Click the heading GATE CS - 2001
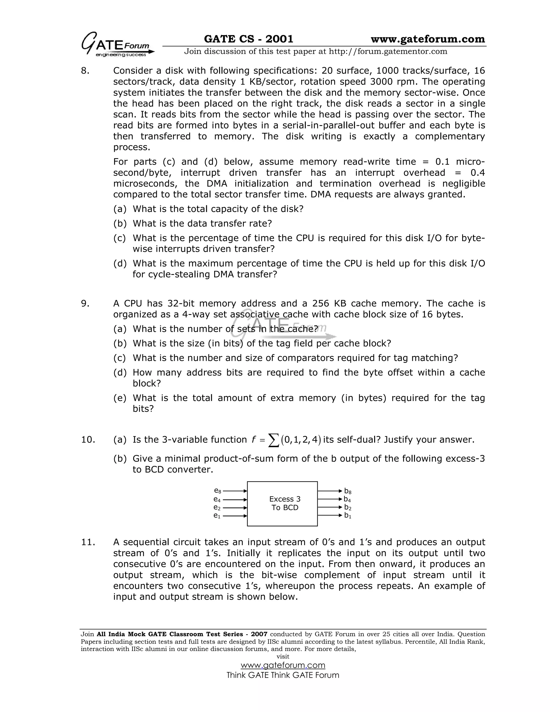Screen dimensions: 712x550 coord(248,39)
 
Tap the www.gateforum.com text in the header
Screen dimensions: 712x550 coord(428,39)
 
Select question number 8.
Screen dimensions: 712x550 coord(85,71)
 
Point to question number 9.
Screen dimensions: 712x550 coord(85,304)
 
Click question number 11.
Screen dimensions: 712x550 coord(88,542)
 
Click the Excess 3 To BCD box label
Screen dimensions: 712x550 coord(284,503)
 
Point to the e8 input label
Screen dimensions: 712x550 coord(217,491)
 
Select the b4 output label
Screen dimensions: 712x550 coord(347,499)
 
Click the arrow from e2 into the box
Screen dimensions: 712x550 coord(235,508)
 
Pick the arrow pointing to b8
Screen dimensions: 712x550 coord(330,491)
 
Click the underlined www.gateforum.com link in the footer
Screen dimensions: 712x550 coord(283,665)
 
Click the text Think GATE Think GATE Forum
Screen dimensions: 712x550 coord(283,675)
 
